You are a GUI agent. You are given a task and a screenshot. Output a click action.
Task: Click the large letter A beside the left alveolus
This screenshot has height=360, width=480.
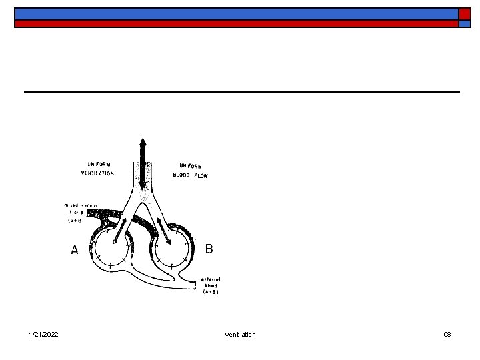75,250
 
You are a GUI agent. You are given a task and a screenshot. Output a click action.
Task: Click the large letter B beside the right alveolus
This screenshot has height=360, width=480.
209,249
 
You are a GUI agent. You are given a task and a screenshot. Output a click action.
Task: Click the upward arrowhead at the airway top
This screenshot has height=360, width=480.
142,143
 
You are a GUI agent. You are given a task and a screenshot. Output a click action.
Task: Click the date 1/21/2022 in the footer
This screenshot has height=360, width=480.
43,334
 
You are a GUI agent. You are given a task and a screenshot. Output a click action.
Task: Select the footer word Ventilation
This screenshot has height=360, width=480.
240,334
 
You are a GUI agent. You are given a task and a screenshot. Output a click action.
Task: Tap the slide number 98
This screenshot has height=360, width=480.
447,334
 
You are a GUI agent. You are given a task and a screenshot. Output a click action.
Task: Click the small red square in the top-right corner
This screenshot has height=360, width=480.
463,23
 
